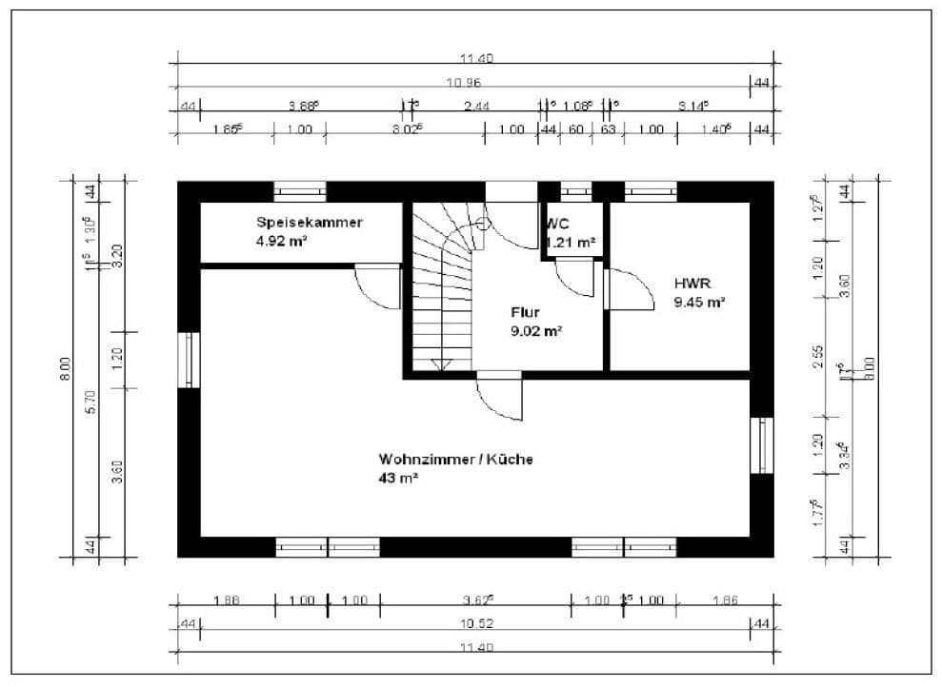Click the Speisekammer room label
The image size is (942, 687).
(x=309, y=222)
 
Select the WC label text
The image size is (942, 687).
(x=557, y=225)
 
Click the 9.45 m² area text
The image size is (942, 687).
(x=699, y=303)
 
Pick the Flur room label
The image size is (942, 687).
(x=526, y=312)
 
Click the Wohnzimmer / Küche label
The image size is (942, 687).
(x=455, y=459)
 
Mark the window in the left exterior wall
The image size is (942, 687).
(x=190, y=360)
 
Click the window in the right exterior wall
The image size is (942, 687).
(x=763, y=444)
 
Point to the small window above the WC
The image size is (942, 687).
(x=575, y=191)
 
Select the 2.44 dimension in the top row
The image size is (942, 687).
(x=476, y=107)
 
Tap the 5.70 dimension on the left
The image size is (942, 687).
(x=90, y=402)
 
